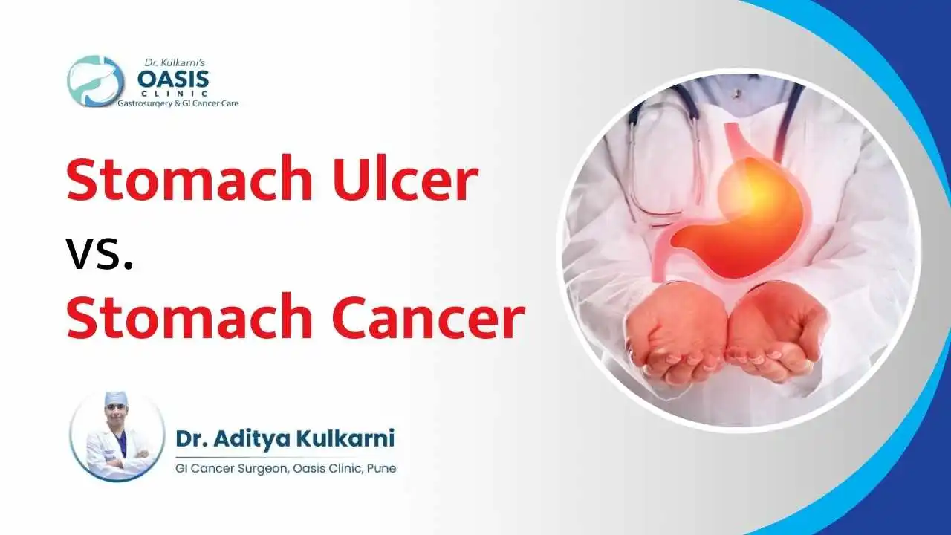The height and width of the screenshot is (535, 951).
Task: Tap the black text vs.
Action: [x=100, y=251]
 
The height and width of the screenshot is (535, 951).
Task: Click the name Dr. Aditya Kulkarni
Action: [x=285, y=438]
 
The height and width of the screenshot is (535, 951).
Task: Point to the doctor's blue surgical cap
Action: [x=116, y=399]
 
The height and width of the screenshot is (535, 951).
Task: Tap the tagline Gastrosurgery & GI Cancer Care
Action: [x=178, y=105]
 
